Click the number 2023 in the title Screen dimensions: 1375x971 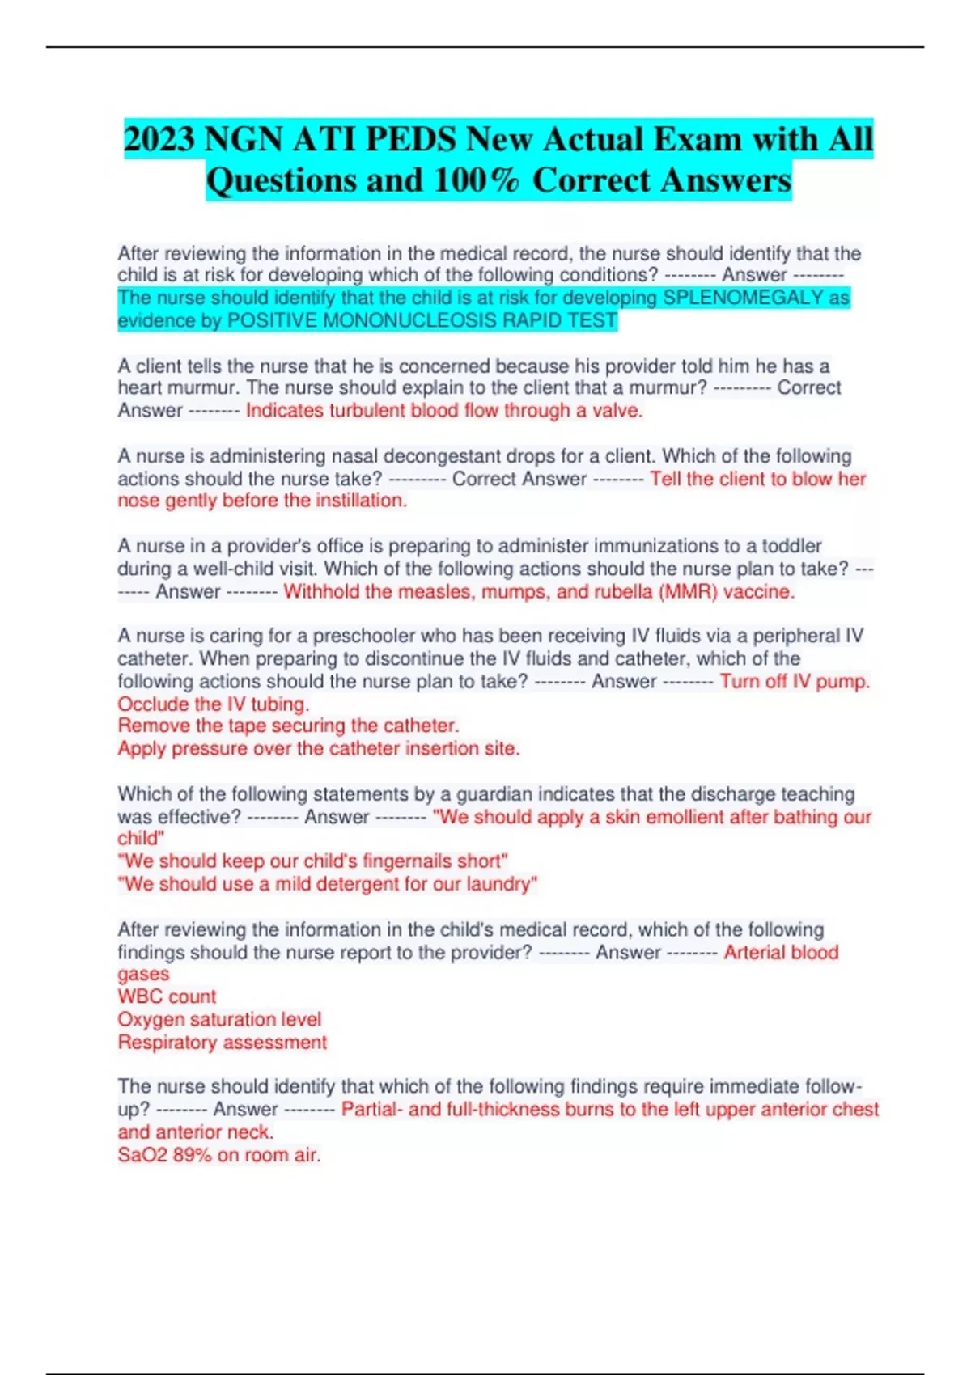pyautogui.click(x=159, y=139)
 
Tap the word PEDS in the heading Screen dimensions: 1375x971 pyautogui.click(x=411, y=139)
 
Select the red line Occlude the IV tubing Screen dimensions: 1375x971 pyautogui.click(x=214, y=704)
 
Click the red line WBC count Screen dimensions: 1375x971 pyautogui.click(x=167, y=996)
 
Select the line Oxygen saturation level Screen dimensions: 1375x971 pyautogui.click(x=219, y=1019)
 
